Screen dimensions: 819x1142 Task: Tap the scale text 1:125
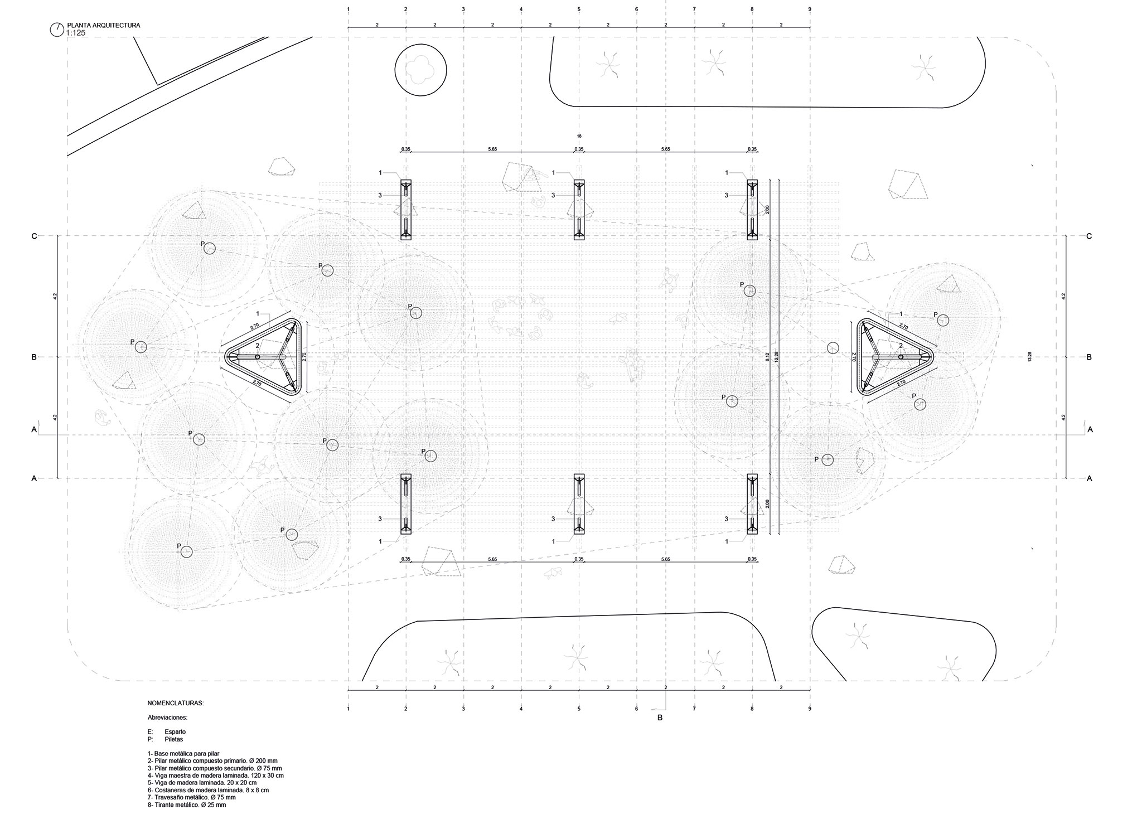pyautogui.click(x=75, y=33)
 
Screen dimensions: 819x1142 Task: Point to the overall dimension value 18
pyautogui.click(x=579, y=136)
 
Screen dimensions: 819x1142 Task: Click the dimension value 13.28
pyautogui.click(x=1029, y=357)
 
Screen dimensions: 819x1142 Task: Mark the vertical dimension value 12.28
pyautogui.click(x=776, y=357)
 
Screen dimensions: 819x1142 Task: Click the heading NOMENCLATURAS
pyautogui.click(x=176, y=704)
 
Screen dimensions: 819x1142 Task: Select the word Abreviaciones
pyautogui.click(x=167, y=718)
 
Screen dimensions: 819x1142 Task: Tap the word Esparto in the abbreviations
pyautogui.click(x=175, y=731)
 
